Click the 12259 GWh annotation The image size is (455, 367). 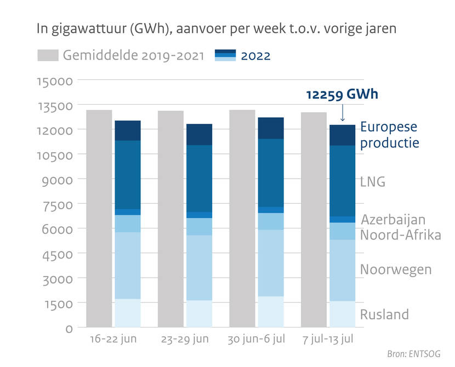coord(342,94)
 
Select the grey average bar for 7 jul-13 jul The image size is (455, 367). coord(314,219)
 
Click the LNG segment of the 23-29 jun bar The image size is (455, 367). coord(199,178)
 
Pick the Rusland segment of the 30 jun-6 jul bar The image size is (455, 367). coord(271,312)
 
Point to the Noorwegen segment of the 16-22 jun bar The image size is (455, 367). coord(128,265)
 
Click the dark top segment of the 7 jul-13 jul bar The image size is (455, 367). coord(342,135)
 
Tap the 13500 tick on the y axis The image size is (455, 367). coord(56,106)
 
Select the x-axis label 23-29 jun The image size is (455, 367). coord(185,339)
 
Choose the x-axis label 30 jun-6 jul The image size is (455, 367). coord(256,339)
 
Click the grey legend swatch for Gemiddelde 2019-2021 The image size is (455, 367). coord(48,55)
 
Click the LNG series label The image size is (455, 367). coord(373,182)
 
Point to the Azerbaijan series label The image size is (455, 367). coord(393,220)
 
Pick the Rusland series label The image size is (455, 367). coord(384,314)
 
